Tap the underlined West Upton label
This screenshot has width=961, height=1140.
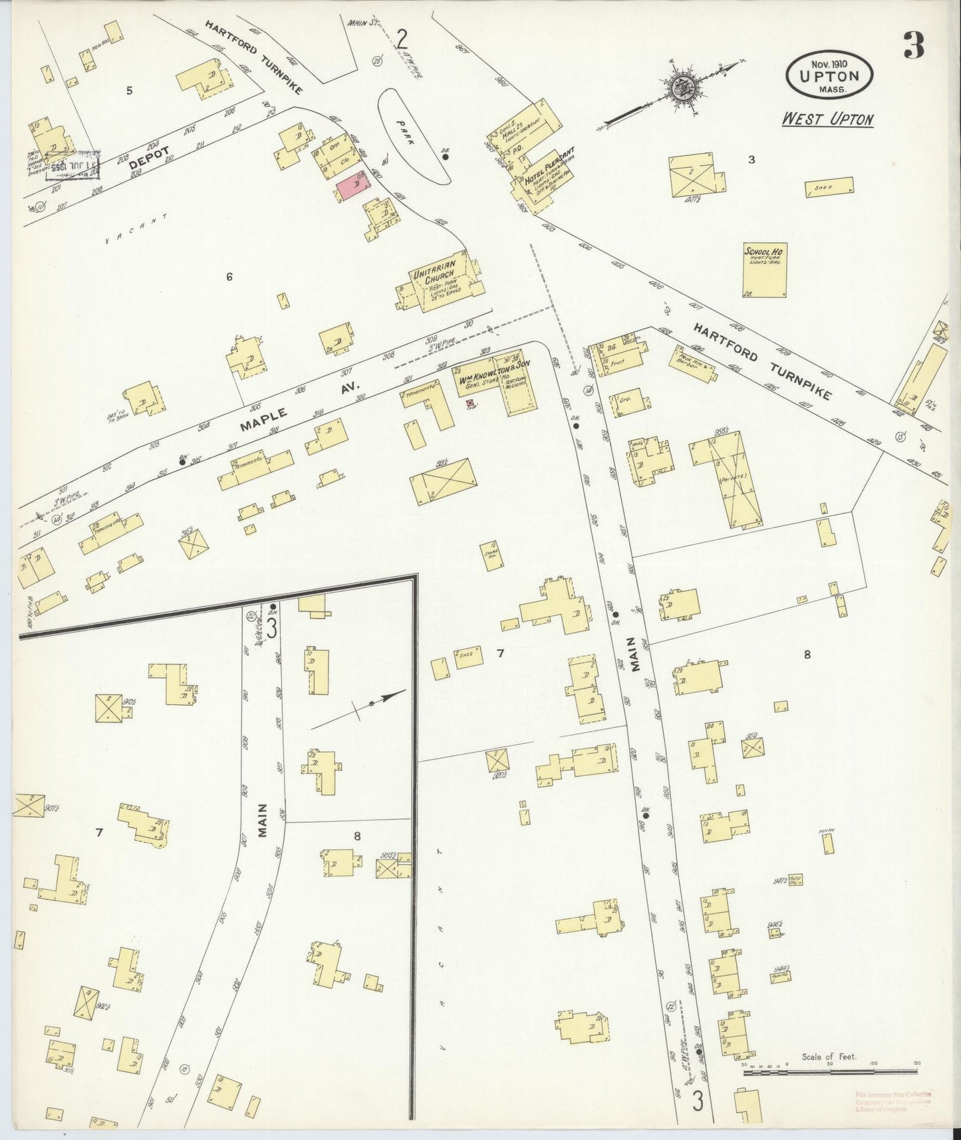coord(827,119)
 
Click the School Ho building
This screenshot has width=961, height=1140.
coord(764,269)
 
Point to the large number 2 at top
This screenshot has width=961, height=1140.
coord(402,41)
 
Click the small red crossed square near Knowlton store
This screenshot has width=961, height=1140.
coord(471,403)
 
